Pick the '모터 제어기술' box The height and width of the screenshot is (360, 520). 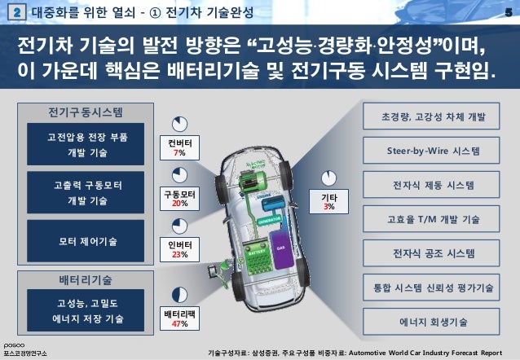coord(86,240)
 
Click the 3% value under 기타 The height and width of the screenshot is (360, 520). coord(328,208)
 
